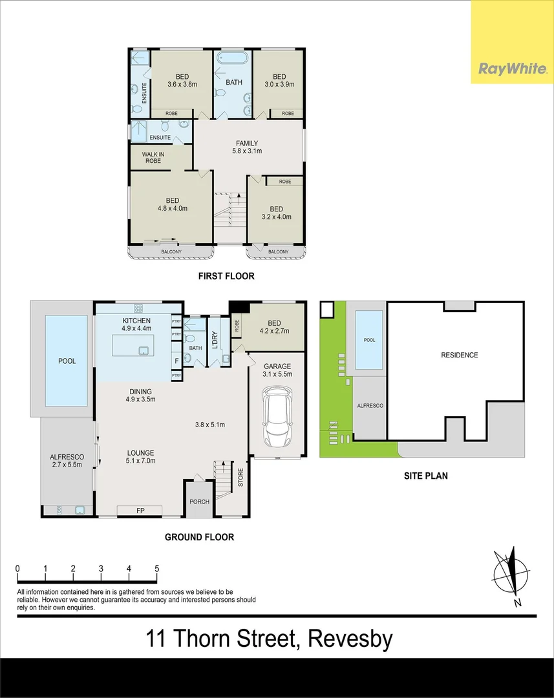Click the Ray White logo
pos(512,69)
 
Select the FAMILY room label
pos(247,143)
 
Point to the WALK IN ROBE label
pos(153,158)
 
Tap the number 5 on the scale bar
pos(156,569)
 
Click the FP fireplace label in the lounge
pos(140,511)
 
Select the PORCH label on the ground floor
pos(199,502)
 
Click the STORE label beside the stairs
pos(241,477)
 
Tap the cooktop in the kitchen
pos(138,308)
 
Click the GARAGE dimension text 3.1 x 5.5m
pos(277,374)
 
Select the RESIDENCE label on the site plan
pos(460,355)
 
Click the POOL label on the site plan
pos(370,340)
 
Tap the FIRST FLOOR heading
pos(226,276)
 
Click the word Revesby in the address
pos(350,639)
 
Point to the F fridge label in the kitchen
pos(176,361)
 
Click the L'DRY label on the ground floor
pos(215,340)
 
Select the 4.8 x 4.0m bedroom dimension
pos(173,208)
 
